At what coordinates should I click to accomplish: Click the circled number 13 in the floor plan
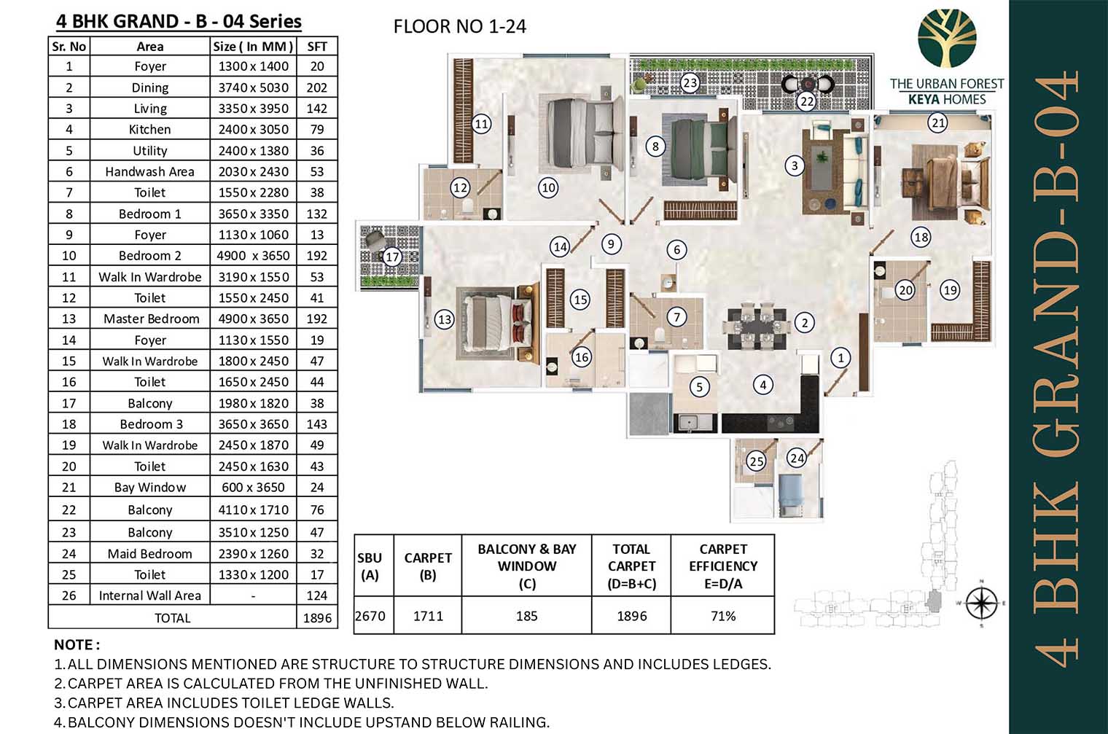(x=444, y=319)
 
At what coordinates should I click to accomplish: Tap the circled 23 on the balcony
(x=690, y=82)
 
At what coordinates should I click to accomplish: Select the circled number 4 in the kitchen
(x=762, y=385)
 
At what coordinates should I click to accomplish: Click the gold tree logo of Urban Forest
(x=947, y=38)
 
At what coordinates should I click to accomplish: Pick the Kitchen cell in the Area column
(x=150, y=130)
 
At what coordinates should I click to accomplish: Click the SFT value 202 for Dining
(x=316, y=87)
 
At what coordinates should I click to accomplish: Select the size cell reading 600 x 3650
(x=253, y=487)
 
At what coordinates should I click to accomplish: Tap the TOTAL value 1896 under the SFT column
(x=317, y=618)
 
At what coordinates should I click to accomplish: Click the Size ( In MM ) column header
(x=253, y=47)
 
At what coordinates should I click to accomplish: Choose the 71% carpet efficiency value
(x=722, y=616)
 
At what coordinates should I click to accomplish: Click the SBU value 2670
(x=370, y=616)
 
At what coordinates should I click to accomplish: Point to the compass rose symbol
(x=982, y=603)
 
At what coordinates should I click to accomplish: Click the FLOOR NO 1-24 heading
(x=459, y=26)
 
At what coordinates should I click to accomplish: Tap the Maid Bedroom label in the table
(x=150, y=553)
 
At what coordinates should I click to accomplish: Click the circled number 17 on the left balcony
(x=392, y=257)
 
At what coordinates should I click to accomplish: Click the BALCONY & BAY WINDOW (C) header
(x=527, y=566)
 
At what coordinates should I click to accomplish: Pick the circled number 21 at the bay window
(x=937, y=122)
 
